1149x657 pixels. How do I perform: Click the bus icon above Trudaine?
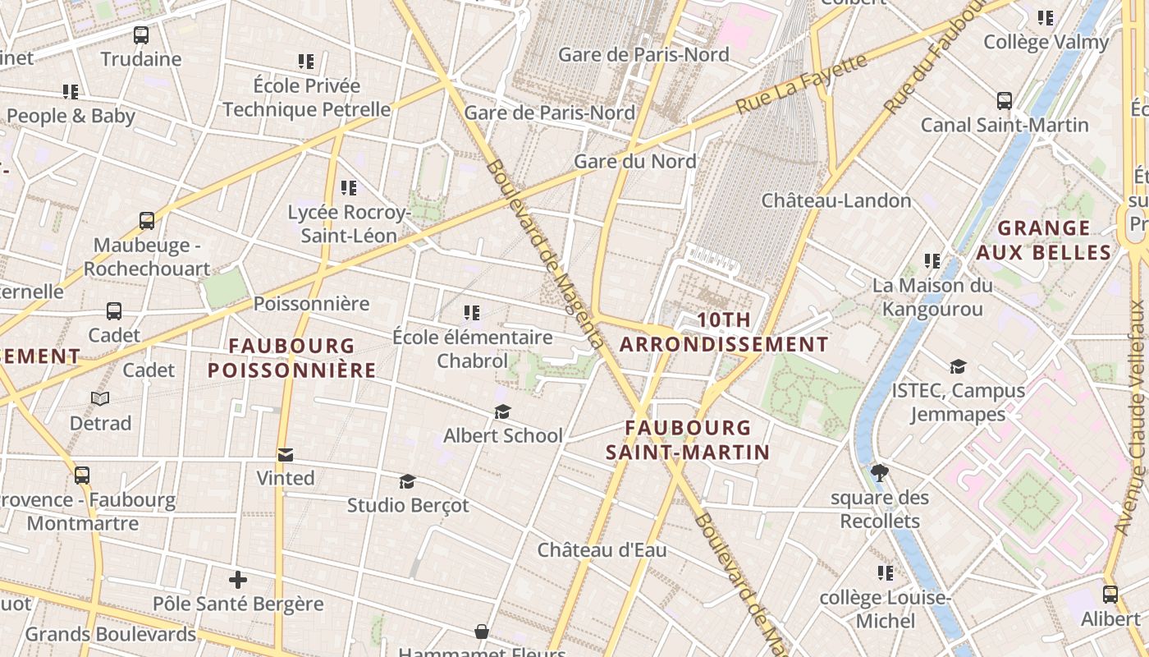click(141, 35)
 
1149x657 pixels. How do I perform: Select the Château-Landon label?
click(836, 200)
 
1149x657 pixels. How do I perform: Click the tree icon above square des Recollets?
click(880, 473)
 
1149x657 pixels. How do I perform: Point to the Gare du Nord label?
click(634, 161)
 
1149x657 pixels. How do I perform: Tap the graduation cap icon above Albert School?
click(502, 411)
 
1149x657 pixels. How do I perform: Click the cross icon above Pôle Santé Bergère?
click(238, 581)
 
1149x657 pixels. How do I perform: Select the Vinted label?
click(285, 478)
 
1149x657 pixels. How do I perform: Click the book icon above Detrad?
click(100, 399)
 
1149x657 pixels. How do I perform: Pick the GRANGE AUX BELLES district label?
click(1043, 240)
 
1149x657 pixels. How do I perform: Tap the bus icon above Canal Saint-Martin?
click(1005, 101)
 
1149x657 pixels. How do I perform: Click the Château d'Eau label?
click(602, 549)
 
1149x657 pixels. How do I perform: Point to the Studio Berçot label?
click(408, 505)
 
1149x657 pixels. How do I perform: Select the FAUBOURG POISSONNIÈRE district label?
click(291, 358)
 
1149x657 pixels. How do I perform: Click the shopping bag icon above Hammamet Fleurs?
click(482, 632)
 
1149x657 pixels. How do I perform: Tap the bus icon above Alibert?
click(1110, 595)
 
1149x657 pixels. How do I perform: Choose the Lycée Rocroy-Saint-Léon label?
click(348, 224)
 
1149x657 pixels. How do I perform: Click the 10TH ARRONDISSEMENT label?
click(723, 332)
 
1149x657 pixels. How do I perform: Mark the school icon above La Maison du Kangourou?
click(932, 261)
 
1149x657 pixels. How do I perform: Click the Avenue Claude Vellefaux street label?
click(1135, 419)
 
